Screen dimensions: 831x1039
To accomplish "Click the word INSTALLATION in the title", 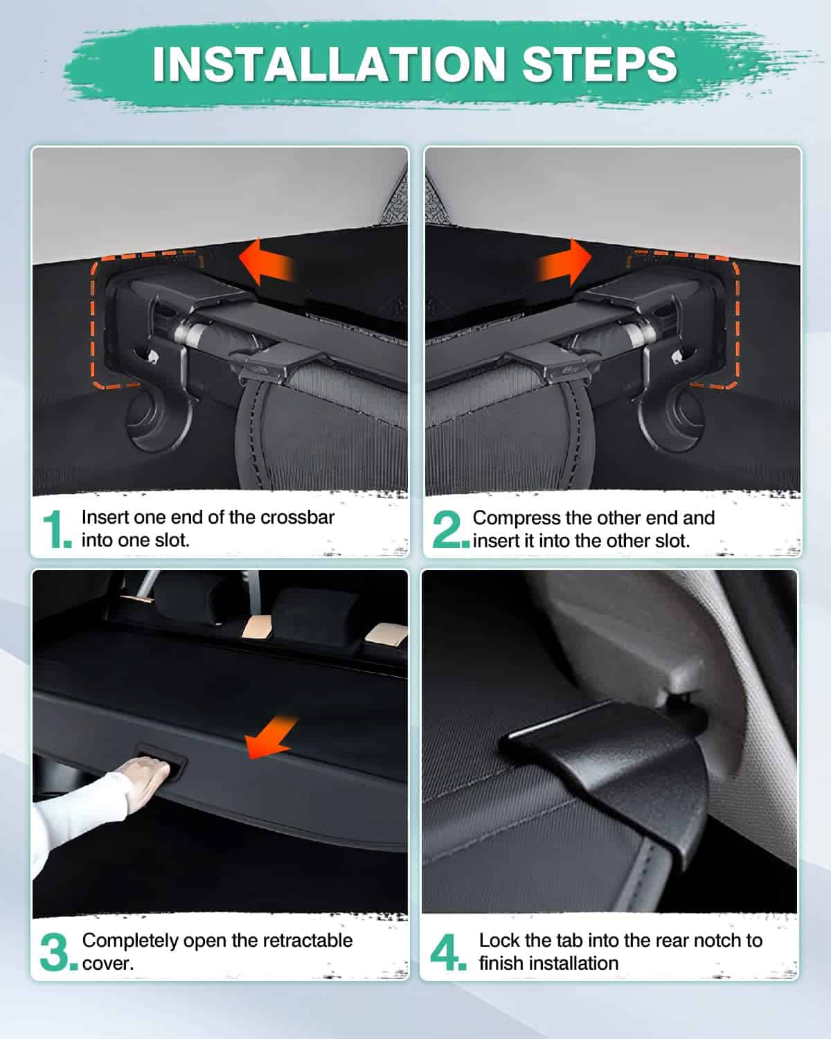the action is [329, 64].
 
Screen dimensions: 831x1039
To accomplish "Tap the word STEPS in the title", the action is [600, 64].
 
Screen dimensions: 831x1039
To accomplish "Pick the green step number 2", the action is [449, 529].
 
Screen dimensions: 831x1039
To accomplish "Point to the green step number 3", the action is [58, 952].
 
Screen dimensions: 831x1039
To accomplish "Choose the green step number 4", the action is [448, 952].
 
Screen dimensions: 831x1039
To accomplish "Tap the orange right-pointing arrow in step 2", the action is [564, 263].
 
